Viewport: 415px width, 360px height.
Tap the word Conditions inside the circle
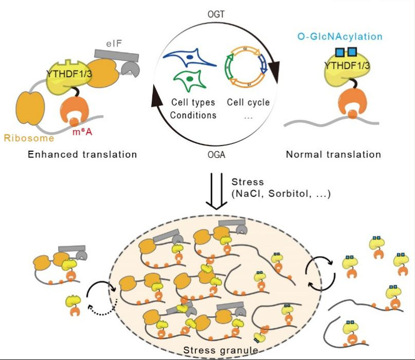tap(193, 115)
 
